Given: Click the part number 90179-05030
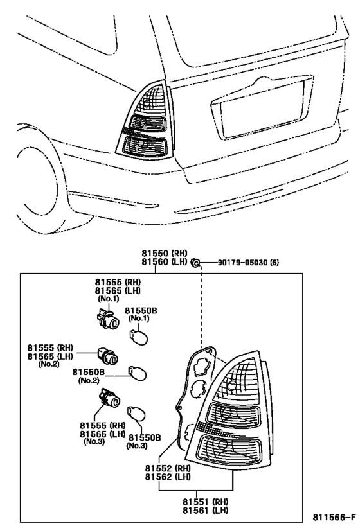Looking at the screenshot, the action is click(244, 262).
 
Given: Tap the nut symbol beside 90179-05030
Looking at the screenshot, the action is click(195, 262).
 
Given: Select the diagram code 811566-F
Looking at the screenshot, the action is click(334, 516).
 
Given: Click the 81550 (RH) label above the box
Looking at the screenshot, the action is click(164, 254).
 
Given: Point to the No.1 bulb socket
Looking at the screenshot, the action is click(107, 319).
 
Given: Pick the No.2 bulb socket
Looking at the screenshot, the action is click(107, 357).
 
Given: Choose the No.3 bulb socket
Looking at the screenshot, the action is click(109, 398).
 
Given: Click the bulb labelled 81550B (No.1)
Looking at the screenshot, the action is click(138, 337).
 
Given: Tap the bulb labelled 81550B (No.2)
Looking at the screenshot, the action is click(138, 373).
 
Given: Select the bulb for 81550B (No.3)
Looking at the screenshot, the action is click(136, 414).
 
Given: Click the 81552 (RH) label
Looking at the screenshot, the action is click(168, 468).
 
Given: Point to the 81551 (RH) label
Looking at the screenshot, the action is click(205, 502).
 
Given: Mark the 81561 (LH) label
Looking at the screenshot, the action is click(205, 510).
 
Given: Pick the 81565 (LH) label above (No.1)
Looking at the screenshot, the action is click(118, 290).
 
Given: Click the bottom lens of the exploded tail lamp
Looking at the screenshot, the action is click(228, 450).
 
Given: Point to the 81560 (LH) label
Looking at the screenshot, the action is click(164, 262).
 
